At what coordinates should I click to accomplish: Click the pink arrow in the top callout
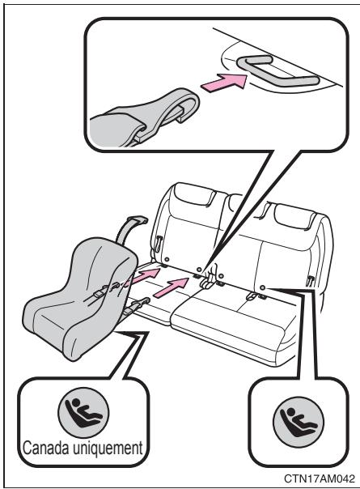coord(224,83)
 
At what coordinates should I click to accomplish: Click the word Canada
coord(45,448)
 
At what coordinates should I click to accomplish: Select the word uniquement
coord(108,449)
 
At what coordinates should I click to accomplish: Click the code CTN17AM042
coord(320,478)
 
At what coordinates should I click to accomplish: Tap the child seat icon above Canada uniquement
coord(83,413)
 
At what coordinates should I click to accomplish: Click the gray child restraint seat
coord(80,298)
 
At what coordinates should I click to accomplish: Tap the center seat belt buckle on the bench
coord(208,277)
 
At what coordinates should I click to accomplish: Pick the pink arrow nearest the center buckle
coord(171,287)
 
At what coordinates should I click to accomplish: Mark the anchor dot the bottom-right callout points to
coord(262,287)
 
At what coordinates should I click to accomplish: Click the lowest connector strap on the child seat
coord(137,306)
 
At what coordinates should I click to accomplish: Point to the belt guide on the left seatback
coord(159,243)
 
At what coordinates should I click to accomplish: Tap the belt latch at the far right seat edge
coord(310,280)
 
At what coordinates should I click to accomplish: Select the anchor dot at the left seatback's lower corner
coord(167,259)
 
